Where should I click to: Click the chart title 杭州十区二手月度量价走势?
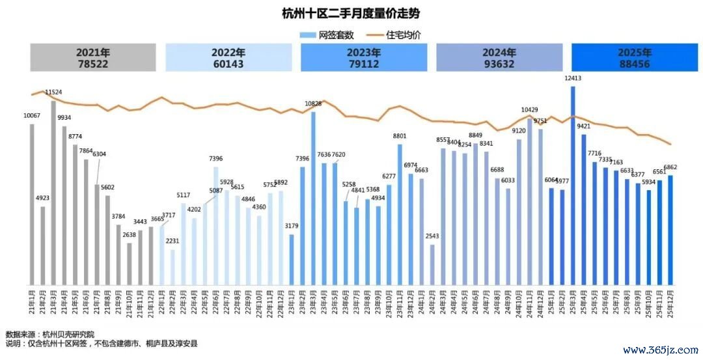[x=351, y=13]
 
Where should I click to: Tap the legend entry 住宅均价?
[x=397, y=35]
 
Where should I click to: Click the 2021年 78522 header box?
[x=93, y=57]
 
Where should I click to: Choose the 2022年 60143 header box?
[x=228, y=57]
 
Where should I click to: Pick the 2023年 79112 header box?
[x=364, y=57]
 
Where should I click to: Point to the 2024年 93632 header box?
[x=499, y=57]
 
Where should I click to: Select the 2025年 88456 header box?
[x=634, y=57]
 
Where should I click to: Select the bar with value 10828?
[x=313, y=199]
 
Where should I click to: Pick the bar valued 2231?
[x=172, y=268]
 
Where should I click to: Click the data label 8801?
[x=400, y=136]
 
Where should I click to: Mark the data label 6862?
[x=670, y=168]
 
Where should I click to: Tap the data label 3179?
[x=292, y=226]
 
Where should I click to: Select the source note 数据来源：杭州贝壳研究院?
[x=50, y=334]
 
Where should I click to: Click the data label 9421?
[x=583, y=126]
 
